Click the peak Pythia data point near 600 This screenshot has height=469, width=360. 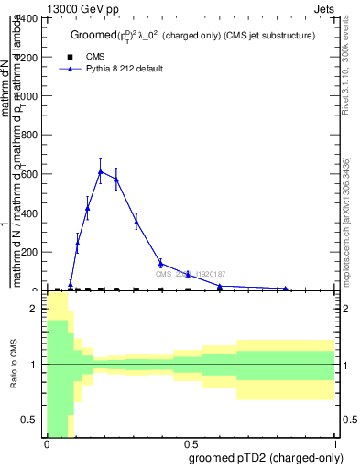pos(101,171)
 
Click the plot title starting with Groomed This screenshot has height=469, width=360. pos(192,35)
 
